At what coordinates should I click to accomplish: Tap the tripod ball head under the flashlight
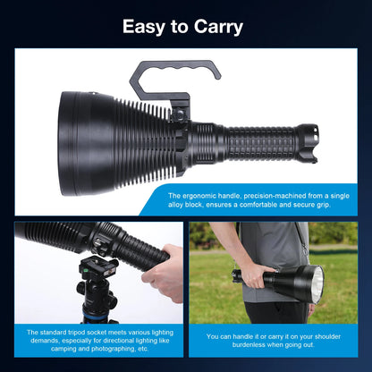(95, 283)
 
